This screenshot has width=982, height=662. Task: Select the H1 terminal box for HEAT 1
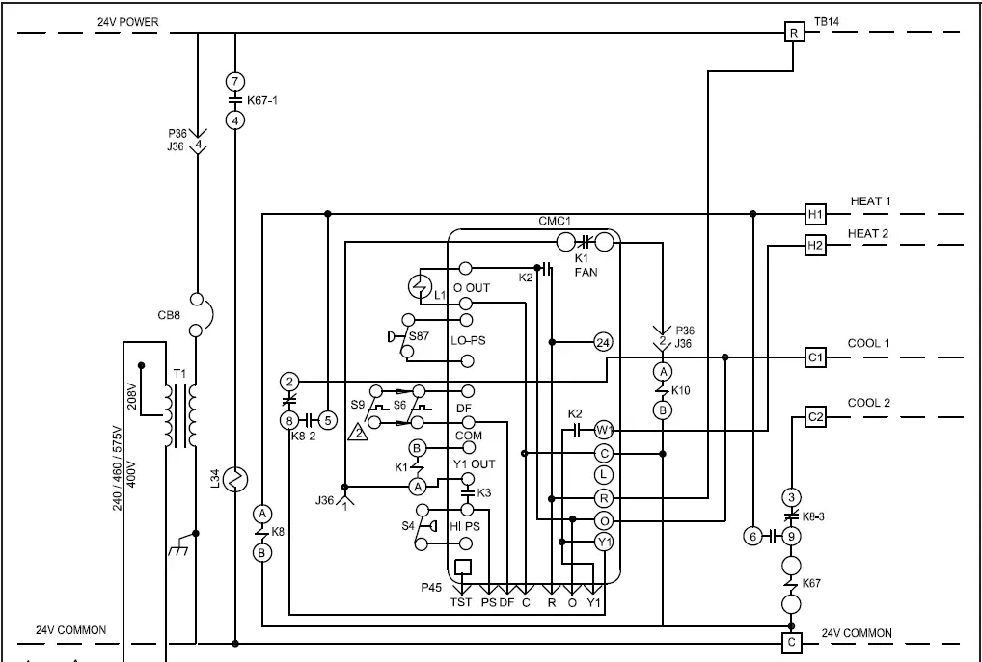pyautogui.click(x=815, y=214)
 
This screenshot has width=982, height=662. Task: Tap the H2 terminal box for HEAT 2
pyautogui.click(x=815, y=247)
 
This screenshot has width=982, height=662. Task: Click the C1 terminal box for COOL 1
pyautogui.click(x=815, y=357)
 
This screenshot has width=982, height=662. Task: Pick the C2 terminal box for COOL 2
pyautogui.click(x=815, y=417)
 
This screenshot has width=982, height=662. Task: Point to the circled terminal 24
pyautogui.click(x=603, y=342)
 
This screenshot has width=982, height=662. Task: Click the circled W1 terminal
pyautogui.click(x=604, y=429)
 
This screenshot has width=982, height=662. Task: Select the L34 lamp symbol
pyautogui.click(x=235, y=479)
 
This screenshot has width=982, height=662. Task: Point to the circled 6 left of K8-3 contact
pyautogui.click(x=752, y=537)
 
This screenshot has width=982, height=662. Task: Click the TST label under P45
pyautogui.click(x=461, y=604)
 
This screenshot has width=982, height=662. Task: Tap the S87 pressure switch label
pyautogui.click(x=422, y=335)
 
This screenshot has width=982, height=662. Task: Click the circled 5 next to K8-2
pyautogui.click(x=327, y=420)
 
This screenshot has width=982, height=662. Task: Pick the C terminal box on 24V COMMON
pyautogui.click(x=792, y=641)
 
